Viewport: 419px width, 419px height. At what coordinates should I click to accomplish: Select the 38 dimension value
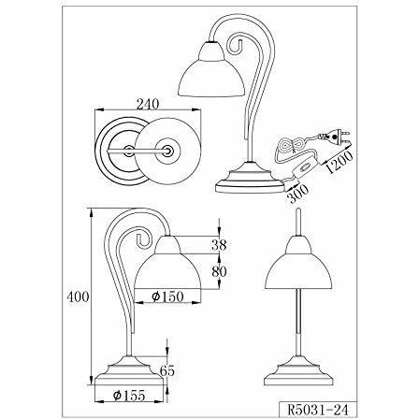tap(219, 246)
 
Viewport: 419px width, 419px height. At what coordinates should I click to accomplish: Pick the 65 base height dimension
tap(166, 371)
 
